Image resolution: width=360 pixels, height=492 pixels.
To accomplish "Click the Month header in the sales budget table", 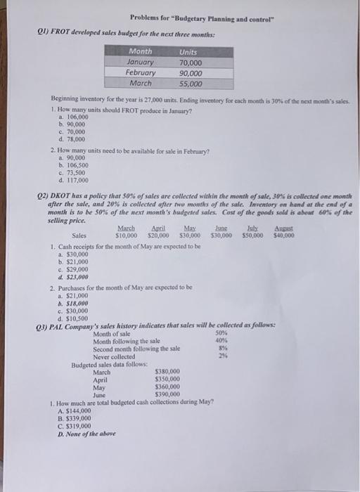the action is (141, 51).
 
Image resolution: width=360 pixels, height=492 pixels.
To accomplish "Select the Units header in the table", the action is (188, 51).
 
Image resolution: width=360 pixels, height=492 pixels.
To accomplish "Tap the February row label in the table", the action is (141, 72).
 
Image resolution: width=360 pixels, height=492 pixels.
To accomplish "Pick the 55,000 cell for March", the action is (188, 84).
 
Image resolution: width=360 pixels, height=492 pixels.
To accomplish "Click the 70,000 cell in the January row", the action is (188, 62).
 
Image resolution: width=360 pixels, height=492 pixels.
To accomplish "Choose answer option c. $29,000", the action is (73, 270).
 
